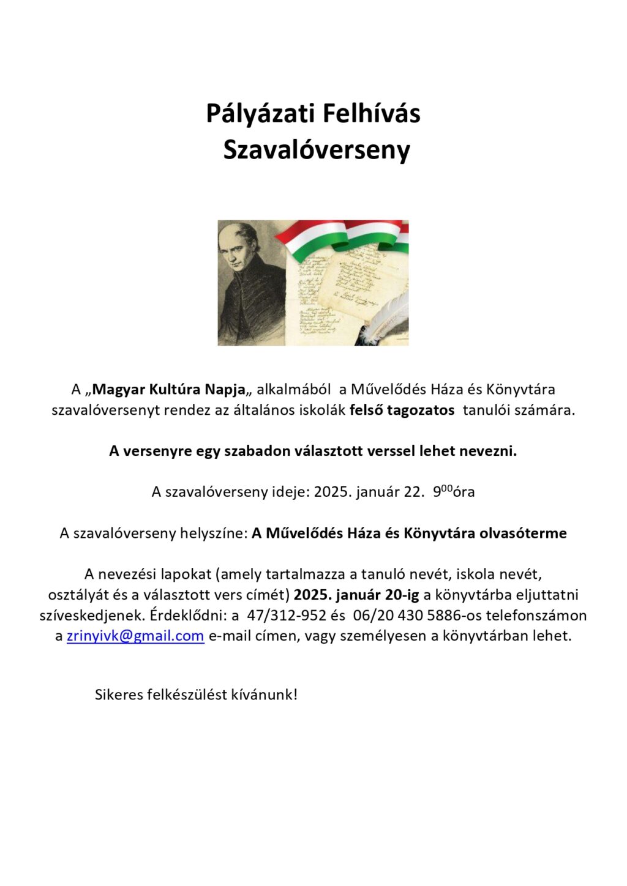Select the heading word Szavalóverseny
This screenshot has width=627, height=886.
[316, 150]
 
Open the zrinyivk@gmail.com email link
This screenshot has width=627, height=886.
[135, 636]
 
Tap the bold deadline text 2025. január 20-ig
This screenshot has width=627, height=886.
[356, 595]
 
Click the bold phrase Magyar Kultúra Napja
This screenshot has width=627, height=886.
[168, 389]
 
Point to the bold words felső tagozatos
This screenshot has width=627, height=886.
[402, 410]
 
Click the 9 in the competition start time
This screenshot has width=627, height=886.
[437, 492]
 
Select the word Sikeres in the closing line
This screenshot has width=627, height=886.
[119, 694]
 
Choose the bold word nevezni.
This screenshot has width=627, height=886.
[493, 451]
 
